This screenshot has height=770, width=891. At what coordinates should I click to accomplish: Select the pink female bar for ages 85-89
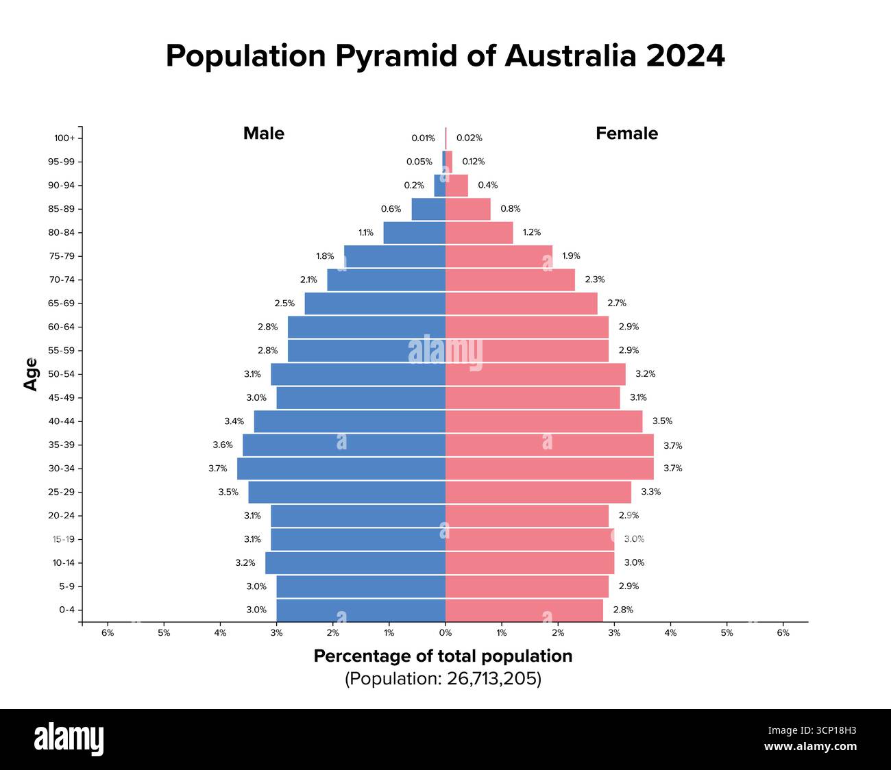click(x=468, y=209)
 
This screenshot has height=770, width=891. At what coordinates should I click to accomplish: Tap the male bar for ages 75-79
click(x=395, y=256)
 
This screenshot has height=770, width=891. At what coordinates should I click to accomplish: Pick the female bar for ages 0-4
click(x=524, y=610)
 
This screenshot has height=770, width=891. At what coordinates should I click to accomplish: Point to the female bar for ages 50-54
click(x=535, y=374)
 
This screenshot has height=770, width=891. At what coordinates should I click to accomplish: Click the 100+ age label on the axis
click(x=64, y=138)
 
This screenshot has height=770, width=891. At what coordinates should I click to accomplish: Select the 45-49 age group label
click(x=61, y=397)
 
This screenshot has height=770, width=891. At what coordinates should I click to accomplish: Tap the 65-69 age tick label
click(x=61, y=303)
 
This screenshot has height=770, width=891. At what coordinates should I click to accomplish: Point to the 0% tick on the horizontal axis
click(x=445, y=633)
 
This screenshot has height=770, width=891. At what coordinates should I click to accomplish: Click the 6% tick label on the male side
click(x=108, y=633)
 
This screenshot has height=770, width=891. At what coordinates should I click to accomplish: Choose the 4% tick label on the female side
click(x=670, y=633)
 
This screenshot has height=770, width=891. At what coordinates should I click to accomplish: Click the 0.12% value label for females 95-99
click(x=473, y=162)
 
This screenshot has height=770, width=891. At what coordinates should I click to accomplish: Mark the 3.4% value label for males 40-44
click(x=234, y=421)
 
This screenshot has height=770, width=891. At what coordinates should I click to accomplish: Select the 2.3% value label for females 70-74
click(x=595, y=280)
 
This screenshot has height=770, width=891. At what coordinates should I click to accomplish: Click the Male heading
click(x=264, y=134)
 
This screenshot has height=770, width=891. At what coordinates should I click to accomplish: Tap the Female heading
click(x=626, y=134)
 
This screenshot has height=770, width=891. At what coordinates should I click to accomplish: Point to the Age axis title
click(x=31, y=374)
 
